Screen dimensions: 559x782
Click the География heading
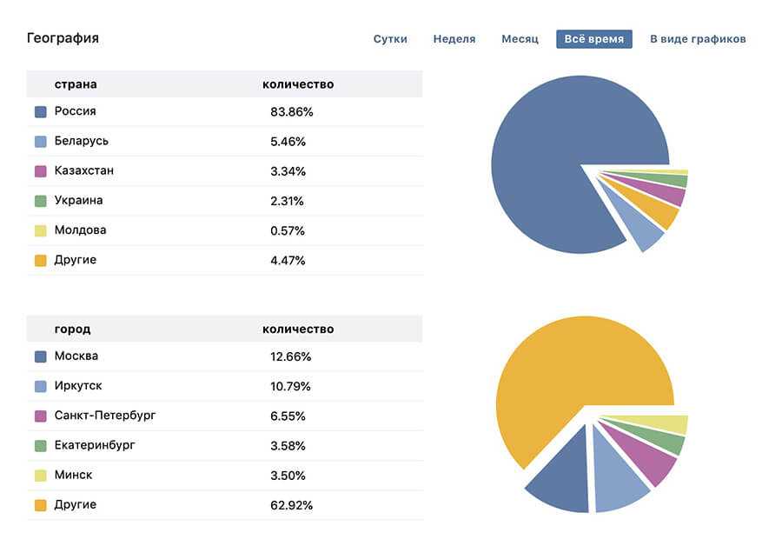click(x=63, y=38)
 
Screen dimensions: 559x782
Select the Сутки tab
click(x=390, y=39)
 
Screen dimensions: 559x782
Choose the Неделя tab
click(x=454, y=39)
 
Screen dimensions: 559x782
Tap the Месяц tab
click(x=520, y=39)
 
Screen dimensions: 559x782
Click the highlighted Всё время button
click(x=594, y=39)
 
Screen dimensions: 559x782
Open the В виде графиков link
click(x=698, y=39)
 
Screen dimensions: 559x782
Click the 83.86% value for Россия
click(x=291, y=112)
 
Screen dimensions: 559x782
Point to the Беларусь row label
click(x=81, y=141)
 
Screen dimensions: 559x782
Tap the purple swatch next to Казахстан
click(x=40, y=171)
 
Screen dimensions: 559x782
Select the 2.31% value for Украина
click(x=288, y=201)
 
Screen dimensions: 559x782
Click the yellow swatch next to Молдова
click(x=40, y=230)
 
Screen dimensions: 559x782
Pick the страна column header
click(x=76, y=84)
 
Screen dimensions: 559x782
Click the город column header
click(x=72, y=329)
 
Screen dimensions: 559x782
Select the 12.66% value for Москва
click(x=290, y=356)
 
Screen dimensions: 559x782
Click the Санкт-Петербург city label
click(x=105, y=416)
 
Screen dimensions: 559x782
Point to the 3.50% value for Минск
click(x=288, y=476)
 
